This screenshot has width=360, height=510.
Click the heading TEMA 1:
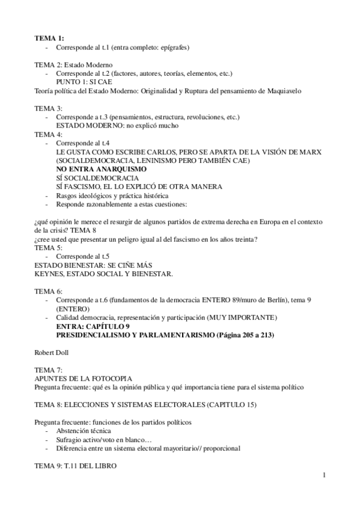coord(46,38)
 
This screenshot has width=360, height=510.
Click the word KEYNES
coord(50,274)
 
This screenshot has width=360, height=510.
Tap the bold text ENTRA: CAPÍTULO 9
coord(92,326)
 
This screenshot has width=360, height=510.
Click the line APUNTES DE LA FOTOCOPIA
coord(76,379)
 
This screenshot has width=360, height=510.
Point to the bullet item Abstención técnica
coord(85,431)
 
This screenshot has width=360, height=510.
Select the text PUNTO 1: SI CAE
coord(84,82)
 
